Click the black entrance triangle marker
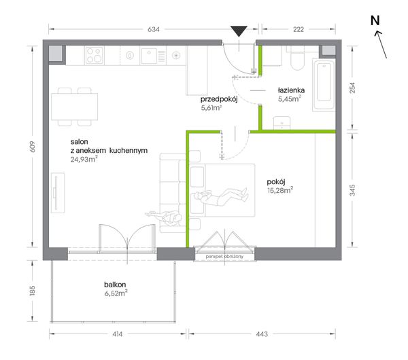click(x=239, y=31)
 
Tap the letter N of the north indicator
click(x=375, y=21)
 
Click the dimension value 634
click(x=154, y=29)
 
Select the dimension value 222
click(x=299, y=29)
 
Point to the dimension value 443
click(x=262, y=334)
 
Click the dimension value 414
click(x=118, y=334)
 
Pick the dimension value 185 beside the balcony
click(x=32, y=291)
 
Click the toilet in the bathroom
click(x=297, y=59)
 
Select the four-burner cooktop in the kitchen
click(x=94, y=56)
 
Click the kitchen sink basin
click(x=149, y=56)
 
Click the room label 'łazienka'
click(x=291, y=90)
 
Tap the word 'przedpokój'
click(x=219, y=99)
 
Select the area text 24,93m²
click(x=84, y=159)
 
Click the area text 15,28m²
click(x=280, y=190)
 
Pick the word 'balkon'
click(x=115, y=285)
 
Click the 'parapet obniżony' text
click(x=224, y=257)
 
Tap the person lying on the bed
click(x=222, y=196)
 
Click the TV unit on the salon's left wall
click(x=58, y=193)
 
